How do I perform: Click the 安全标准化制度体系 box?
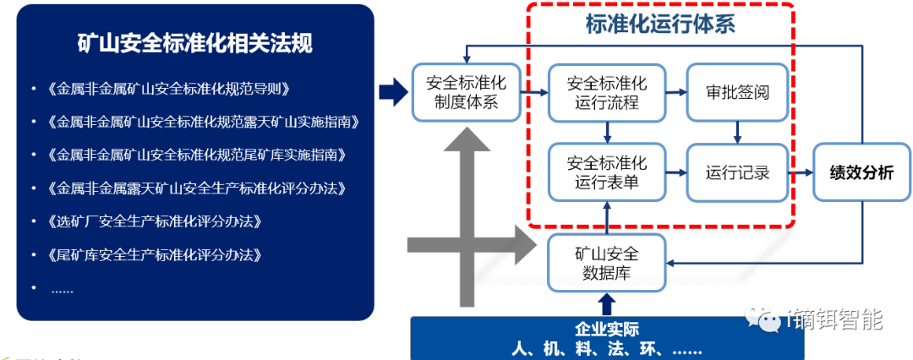click(466, 93)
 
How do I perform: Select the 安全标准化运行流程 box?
click(606, 93)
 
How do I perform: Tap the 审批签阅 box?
click(737, 93)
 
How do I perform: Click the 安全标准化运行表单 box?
click(606, 172)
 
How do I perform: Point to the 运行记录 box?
click(737, 172)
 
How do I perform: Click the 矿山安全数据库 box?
click(606, 263)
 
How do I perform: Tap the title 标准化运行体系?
click(660, 24)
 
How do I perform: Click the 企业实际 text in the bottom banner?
click(606, 330)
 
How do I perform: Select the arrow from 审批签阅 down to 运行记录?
click(737, 131)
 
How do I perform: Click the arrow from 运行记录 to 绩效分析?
click(800, 172)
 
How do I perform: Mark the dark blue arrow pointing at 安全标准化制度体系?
click(391, 93)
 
